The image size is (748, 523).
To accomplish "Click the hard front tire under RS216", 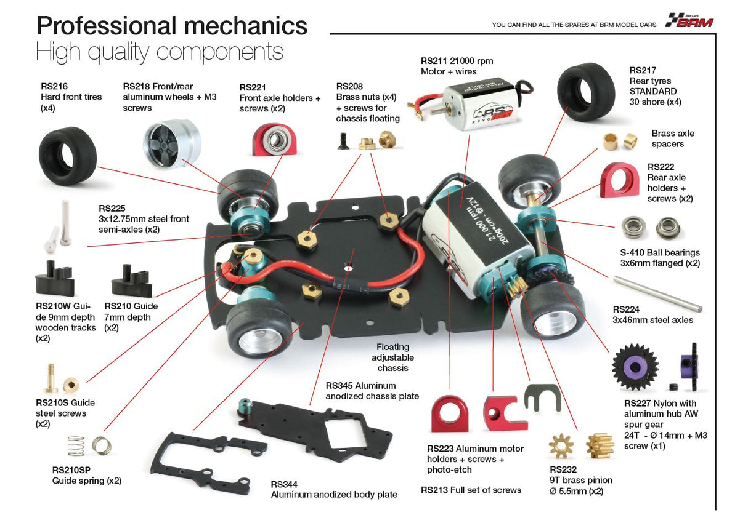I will coord(68,156).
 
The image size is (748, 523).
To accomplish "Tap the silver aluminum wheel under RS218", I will coord(171,143).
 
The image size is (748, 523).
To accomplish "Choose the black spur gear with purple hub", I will coord(635,367).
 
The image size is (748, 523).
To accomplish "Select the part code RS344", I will coord(284,484).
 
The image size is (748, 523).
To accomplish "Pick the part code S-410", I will coord(633,252).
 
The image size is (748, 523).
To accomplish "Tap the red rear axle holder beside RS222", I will coord(619,180).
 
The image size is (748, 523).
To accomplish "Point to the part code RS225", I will coord(112,208).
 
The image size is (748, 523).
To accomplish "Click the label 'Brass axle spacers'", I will coord(672,138).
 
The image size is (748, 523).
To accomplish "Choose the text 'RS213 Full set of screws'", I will coord(471,490).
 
